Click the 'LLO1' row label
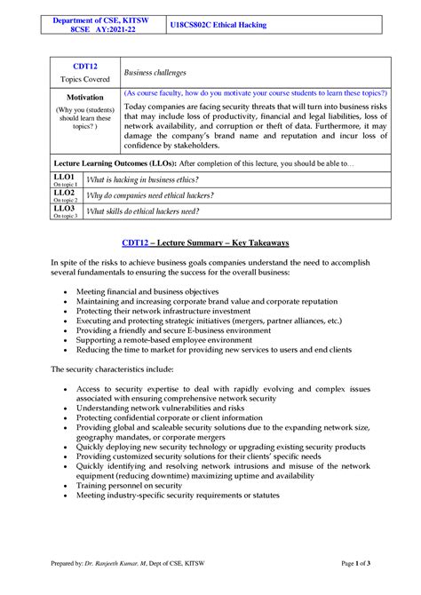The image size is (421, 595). tap(64, 177)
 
